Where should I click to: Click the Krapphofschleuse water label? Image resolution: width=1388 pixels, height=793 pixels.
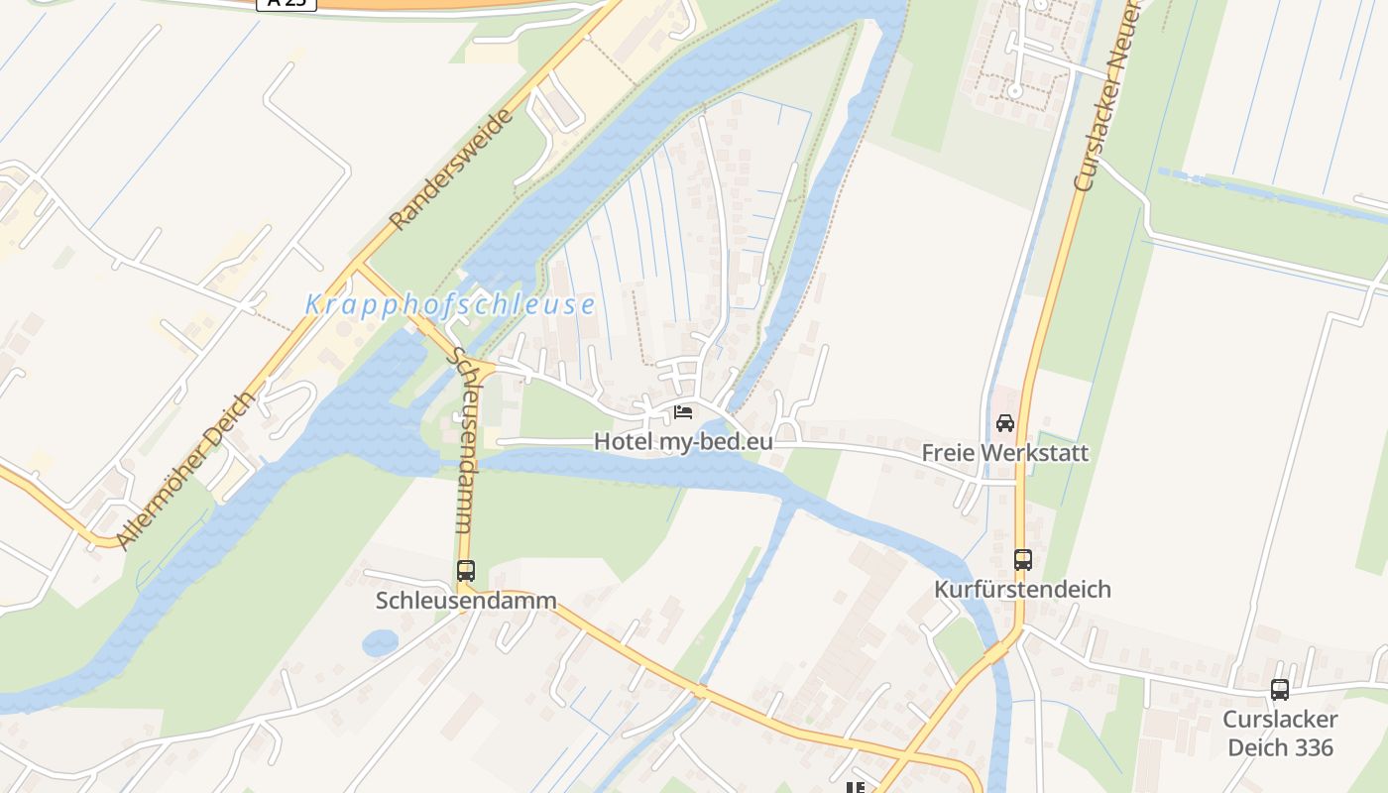tap(450, 304)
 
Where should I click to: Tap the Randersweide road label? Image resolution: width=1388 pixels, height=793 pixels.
tap(453, 170)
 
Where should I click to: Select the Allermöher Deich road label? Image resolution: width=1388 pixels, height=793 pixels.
tap(186, 470)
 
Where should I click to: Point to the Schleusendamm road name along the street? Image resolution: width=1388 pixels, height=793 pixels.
tap(463, 440)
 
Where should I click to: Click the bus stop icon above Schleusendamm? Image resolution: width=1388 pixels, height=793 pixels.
tap(466, 571)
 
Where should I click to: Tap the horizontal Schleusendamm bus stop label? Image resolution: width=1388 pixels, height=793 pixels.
tap(466, 601)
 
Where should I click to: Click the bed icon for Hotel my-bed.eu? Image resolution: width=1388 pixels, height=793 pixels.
tap(683, 411)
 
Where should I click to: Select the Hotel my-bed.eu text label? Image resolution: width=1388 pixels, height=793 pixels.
tap(683, 441)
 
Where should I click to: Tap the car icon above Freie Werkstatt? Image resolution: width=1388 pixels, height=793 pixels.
tap(1005, 423)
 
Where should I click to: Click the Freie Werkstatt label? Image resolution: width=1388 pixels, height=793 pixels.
tap(1005, 453)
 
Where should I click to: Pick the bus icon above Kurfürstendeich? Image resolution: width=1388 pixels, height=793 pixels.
tap(1023, 560)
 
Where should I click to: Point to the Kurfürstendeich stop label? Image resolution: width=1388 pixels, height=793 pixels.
tap(1022, 590)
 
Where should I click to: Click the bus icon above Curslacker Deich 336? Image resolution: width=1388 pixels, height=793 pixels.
tap(1280, 690)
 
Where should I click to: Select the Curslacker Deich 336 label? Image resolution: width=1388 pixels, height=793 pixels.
tap(1280, 734)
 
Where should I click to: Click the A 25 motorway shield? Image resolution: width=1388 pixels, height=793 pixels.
tap(287, 3)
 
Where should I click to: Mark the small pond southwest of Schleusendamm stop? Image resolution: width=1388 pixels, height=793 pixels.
tap(380, 643)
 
